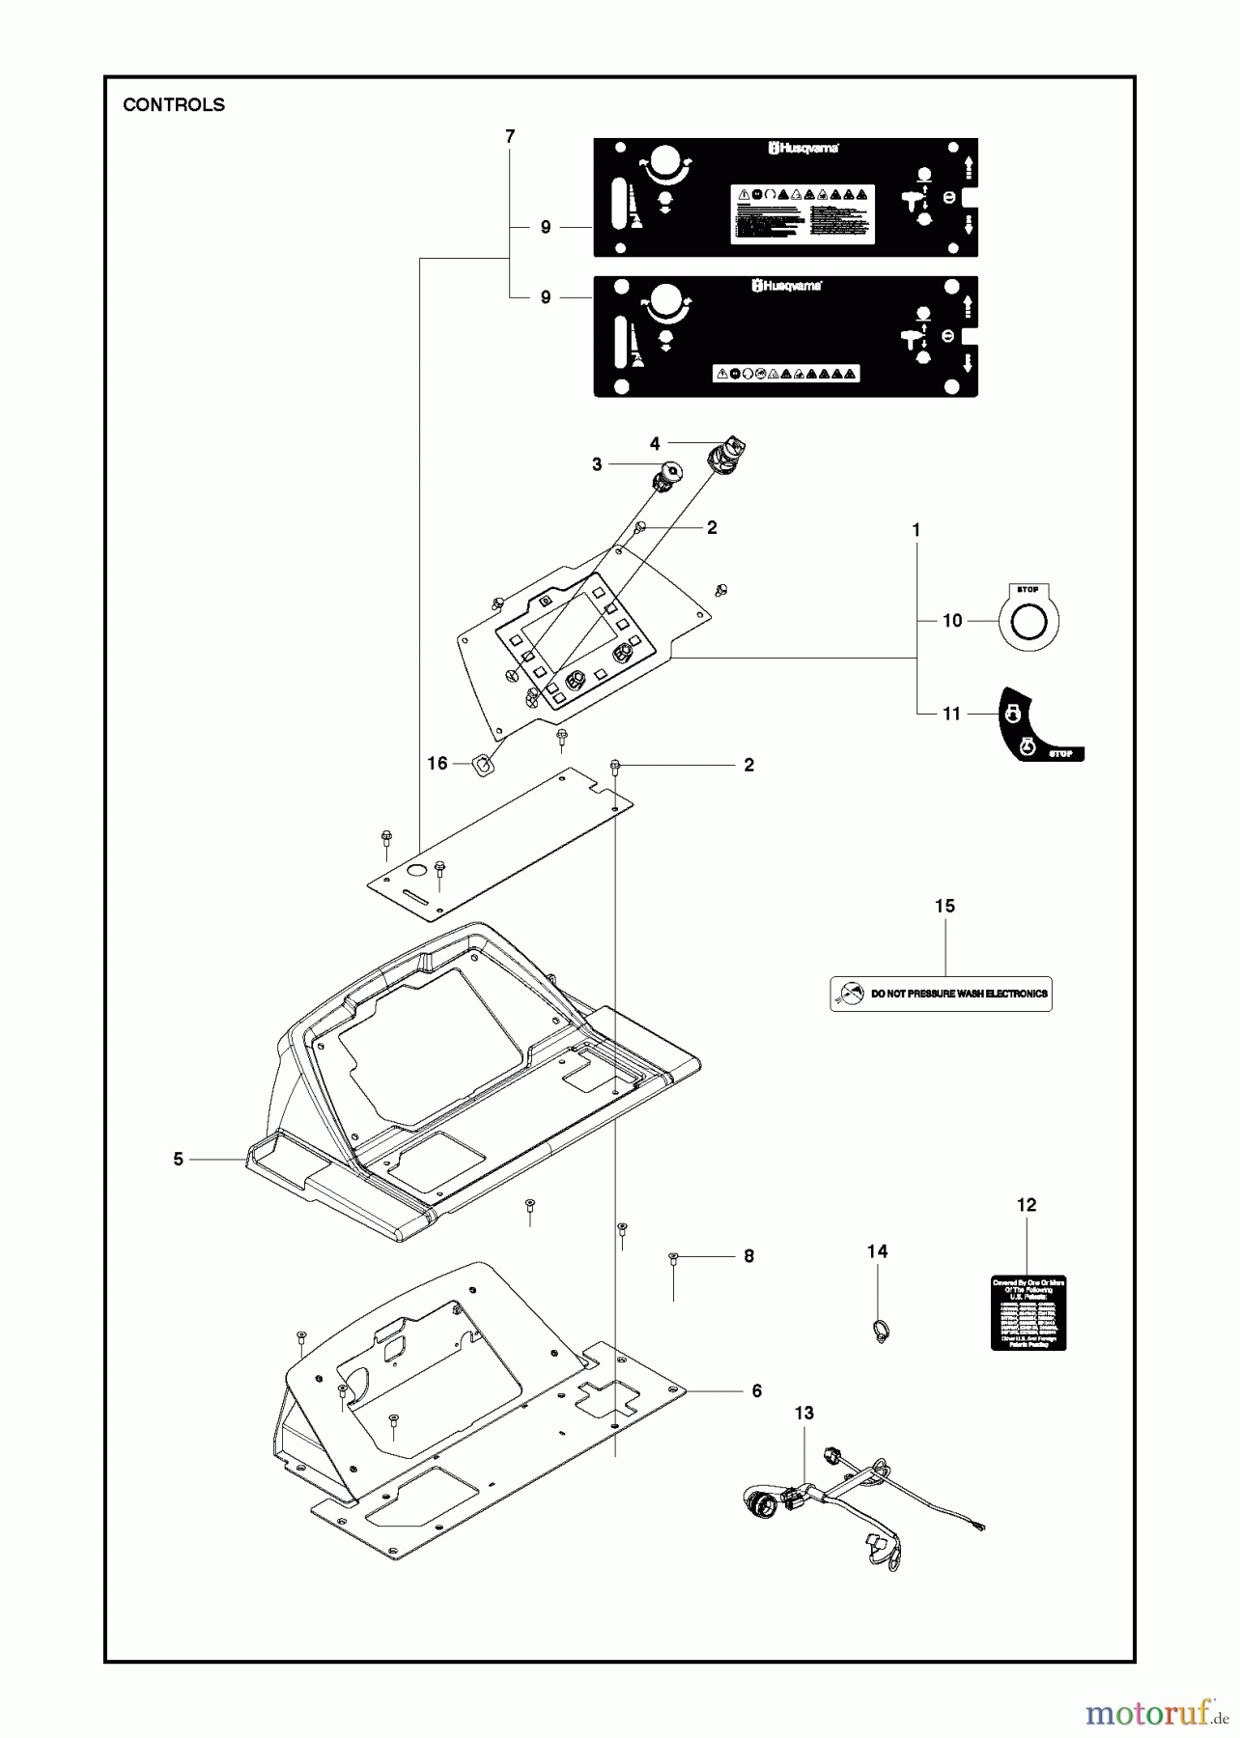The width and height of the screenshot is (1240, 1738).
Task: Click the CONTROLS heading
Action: pos(174,105)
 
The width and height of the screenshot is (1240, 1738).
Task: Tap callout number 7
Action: pos(510,137)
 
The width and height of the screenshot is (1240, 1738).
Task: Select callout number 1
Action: pos(916,530)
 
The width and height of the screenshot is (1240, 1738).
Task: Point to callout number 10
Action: pos(952,621)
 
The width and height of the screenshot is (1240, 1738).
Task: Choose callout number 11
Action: pos(952,714)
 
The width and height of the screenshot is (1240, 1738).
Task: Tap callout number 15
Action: pos(944,906)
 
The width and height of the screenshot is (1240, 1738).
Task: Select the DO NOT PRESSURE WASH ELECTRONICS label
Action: pos(941,993)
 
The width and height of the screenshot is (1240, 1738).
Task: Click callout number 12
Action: pos(1027,1205)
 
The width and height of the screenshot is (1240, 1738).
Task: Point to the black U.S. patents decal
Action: pos(1029,1312)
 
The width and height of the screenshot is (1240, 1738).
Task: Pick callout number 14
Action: pos(877,1251)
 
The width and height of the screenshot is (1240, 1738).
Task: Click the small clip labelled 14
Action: pos(881,1333)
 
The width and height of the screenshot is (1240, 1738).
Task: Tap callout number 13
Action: pos(804,1413)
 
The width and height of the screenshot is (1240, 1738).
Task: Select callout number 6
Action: pos(757,1390)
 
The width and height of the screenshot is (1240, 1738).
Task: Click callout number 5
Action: pos(178,1159)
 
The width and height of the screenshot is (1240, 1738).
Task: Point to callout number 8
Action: pos(748,1256)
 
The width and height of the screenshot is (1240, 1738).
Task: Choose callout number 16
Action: pos(437,764)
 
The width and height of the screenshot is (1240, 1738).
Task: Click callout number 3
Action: pos(597,464)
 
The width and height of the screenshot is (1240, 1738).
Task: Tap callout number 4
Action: pos(655,444)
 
